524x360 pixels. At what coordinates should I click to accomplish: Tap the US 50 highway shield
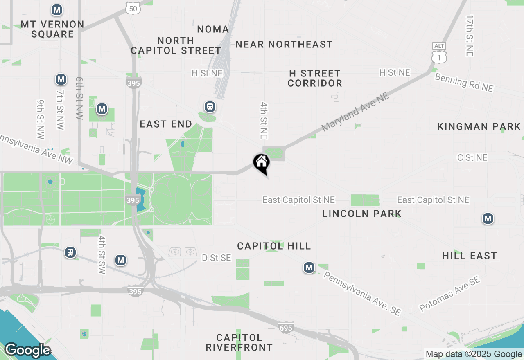click(x=133, y=8)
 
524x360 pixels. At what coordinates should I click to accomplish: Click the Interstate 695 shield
click(x=285, y=327)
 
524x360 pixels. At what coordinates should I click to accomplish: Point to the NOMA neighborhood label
click(x=213, y=29)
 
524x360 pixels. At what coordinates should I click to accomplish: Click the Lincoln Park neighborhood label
click(x=361, y=214)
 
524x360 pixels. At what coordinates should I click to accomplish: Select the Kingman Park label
click(x=479, y=126)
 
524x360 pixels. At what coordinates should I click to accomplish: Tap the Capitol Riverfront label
click(x=239, y=343)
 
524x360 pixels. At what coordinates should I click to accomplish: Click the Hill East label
click(x=469, y=256)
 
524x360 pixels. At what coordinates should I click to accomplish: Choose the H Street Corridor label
click(x=314, y=78)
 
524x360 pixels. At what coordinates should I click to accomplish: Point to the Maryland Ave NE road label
click(x=355, y=111)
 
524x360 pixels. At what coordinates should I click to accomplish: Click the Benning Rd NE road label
click(x=464, y=83)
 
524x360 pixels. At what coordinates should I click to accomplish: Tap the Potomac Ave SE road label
click(x=449, y=293)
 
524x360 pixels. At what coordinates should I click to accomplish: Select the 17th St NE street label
click(x=470, y=36)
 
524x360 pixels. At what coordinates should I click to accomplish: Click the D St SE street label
click(x=217, y=258)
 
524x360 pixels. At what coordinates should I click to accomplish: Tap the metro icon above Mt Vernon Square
click(x=57, y=9)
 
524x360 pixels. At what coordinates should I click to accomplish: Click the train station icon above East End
click(x=210, y=107)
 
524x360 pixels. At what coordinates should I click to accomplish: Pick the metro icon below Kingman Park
click(x=487, y=218)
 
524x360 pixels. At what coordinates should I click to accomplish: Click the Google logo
click(x=27, y=350)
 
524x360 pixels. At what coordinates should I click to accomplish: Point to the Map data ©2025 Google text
click(x=474, y=354)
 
